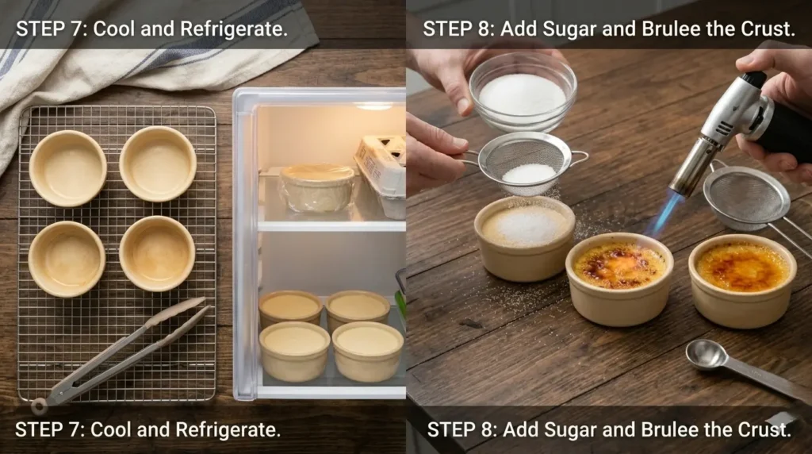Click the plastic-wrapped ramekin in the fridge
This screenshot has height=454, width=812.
[317, 188]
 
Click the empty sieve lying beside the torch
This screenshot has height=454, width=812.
[751, 199]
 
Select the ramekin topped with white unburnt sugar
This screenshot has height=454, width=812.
[524, 238]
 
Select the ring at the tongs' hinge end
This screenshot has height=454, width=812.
[39, 406]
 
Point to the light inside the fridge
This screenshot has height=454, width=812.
[374, 106]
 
